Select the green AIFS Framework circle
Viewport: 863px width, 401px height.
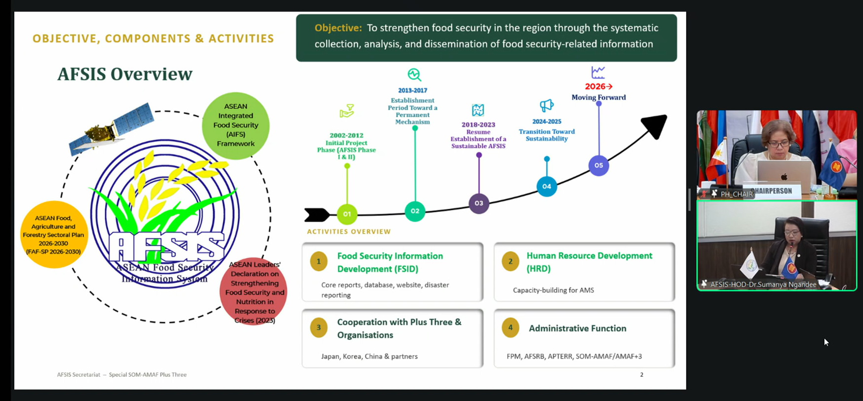click(x=236, y=125)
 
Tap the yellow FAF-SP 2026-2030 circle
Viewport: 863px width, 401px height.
click(x=53, y=235)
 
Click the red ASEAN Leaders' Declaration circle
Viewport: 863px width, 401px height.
click(x=253, y=291)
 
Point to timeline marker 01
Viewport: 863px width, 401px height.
click(x=347, y=214)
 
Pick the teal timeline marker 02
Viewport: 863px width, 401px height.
click(x=415, y=211)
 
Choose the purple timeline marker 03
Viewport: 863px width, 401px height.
click(x=479, y=203)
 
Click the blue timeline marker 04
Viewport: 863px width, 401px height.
click(x=546, y=187)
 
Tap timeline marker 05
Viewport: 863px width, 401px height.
click(x=599, y=165)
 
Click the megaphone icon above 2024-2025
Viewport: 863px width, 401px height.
click(x=546, y=106)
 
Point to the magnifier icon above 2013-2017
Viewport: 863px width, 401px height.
click(x=414, y=75)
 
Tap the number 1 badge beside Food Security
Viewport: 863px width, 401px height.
click(x=319, y=262)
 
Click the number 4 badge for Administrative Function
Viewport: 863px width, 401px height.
click(x=510, y=328)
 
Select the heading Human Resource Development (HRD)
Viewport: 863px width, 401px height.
click(x=589, y=262)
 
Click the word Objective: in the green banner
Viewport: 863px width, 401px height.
click(x=338, y=28)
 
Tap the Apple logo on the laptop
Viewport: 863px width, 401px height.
click(x=784, y=176)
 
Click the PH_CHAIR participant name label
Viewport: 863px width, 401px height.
click(x=736, y=194)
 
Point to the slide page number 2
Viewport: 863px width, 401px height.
click(x=642, y=375)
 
